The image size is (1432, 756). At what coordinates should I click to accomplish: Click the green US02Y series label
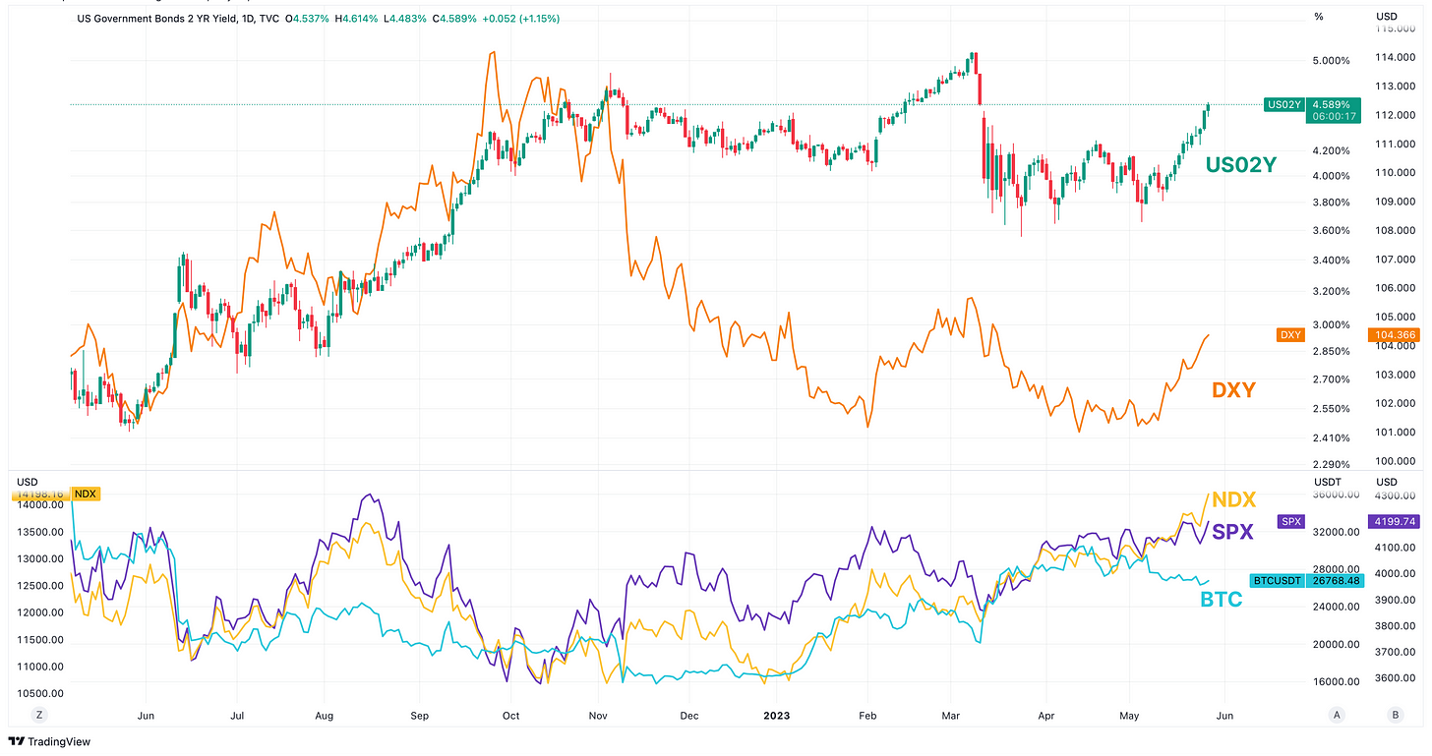coord(1240,166)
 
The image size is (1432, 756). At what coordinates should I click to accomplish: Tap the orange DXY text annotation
coord(1233,390)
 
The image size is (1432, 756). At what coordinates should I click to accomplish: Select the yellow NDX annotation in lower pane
coord(1233,499)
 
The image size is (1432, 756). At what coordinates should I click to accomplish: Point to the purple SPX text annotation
coord(1233,532)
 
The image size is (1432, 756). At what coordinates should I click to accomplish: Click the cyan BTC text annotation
coord(1221,599)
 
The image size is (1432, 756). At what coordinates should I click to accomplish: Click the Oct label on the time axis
coord(510,715)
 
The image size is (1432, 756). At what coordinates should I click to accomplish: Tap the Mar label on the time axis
coord(951,715)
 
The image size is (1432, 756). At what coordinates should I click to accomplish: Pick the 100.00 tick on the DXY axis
coord(1395,461)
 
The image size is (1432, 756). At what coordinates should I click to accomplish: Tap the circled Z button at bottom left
coord(39,715)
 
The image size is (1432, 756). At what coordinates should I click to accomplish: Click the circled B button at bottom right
coord(1395,715)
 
